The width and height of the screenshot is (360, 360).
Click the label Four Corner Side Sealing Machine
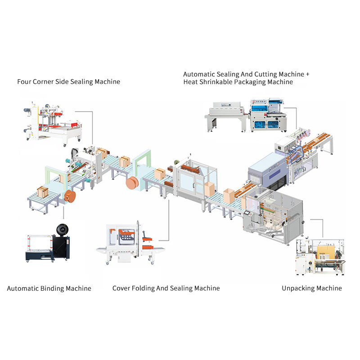click(x=68, y=82)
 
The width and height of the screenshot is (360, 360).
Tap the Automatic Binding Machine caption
click(x=49, y=288)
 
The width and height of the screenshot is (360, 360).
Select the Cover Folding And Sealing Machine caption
click(x=166, y=288)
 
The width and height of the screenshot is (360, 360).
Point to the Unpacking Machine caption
click(x=311, y=288)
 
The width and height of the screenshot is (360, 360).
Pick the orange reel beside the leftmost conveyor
click(x=70, y=197)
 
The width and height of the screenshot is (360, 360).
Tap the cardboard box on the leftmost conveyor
click(x=43, y=192)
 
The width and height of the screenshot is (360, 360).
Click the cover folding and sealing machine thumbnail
click(x=130, y=243)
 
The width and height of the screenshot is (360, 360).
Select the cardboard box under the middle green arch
click(x=159, y=174)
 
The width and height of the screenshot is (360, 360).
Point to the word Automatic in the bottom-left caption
click(x=22, y=288)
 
